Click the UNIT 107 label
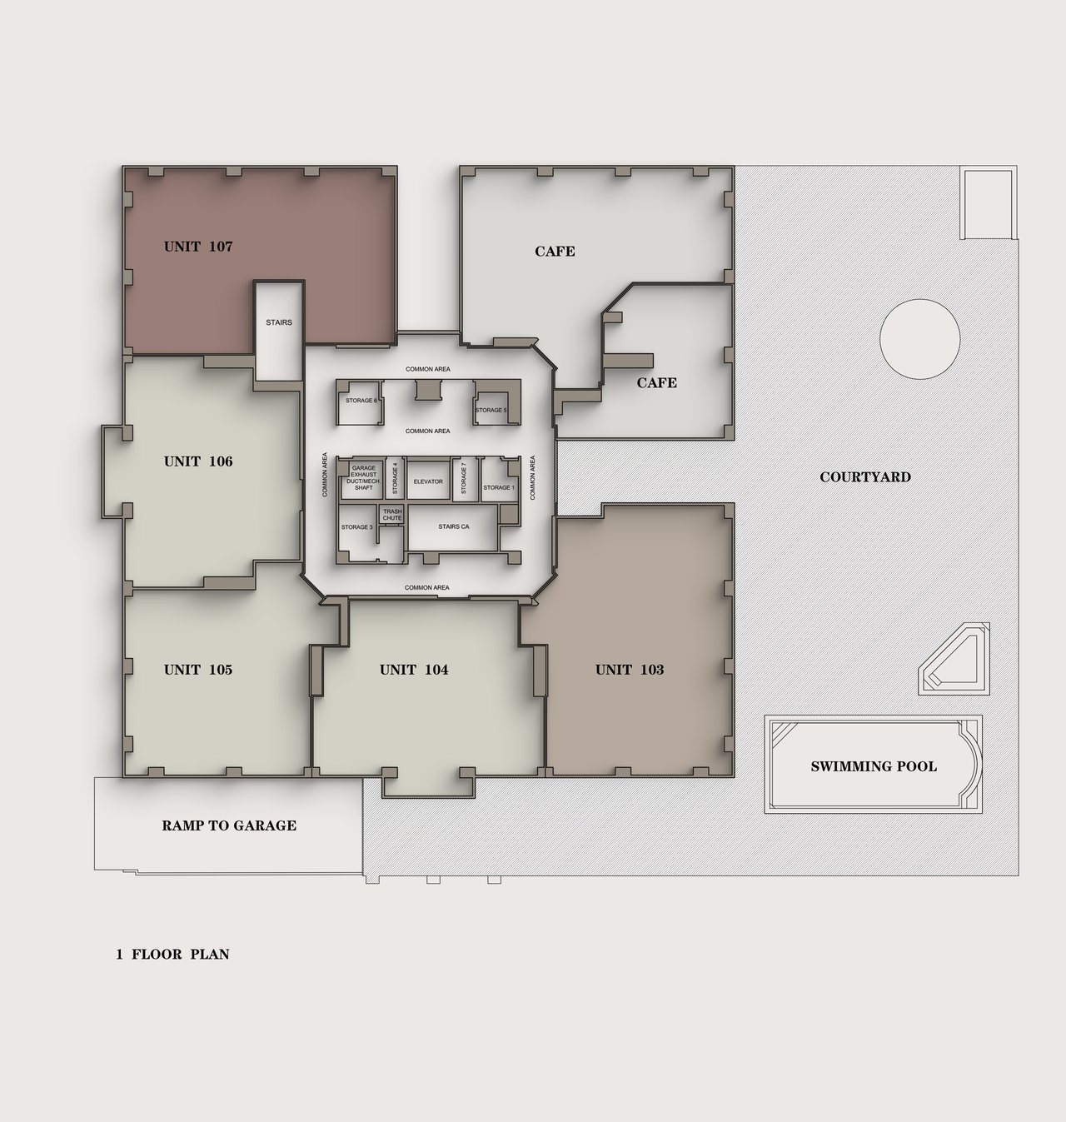tap(198, 247)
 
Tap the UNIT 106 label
tap(198, 461)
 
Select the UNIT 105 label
tap(198, 670)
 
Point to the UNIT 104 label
tap(414, 670)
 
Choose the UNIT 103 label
tap(630, 670)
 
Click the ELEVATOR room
tap(428, 480)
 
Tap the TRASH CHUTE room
tap(392, 515)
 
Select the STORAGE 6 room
tap(360, 402)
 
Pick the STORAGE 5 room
tap(491, 408)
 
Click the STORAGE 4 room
tap(394, 479)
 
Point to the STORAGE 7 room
tap(464, 479)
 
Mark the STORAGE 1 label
tap(499, 487)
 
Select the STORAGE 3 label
tap(356, 526)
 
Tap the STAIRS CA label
tap(454, 526)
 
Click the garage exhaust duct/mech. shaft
tap(363, 479)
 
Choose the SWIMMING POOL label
tap(874, 766)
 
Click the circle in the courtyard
tap(920, 339)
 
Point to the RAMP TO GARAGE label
tap(229, 825)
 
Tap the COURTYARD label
tap(865, 477)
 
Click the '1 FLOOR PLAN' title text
tap(172, 955)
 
